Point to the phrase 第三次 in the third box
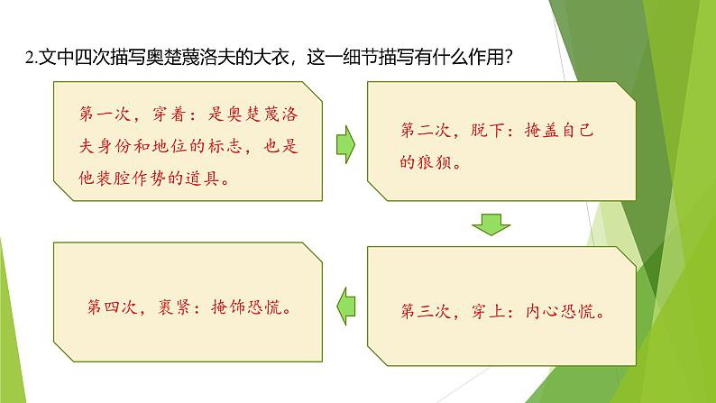pos(422,313)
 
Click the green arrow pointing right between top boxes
pos(344,142)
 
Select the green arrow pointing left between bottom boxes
pos(344,304)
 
